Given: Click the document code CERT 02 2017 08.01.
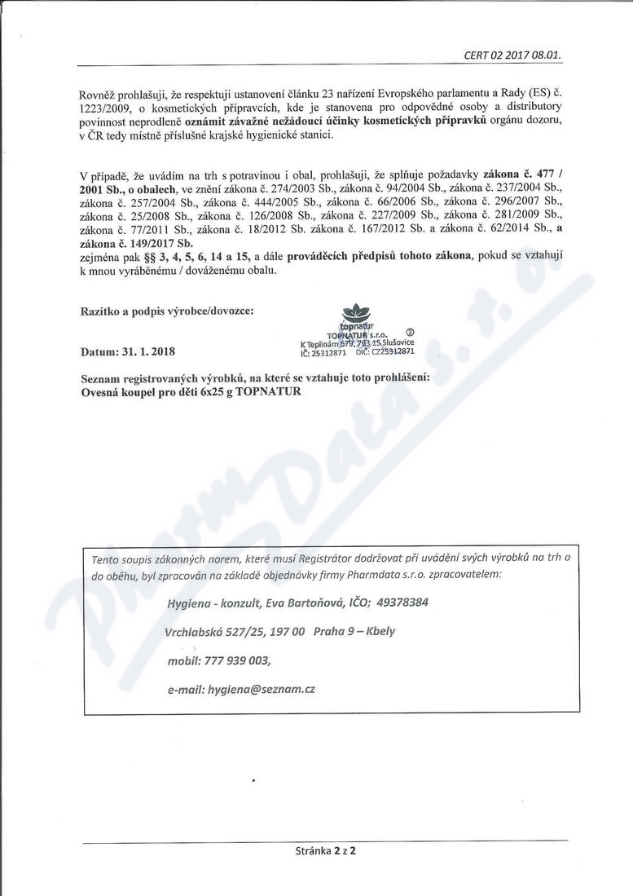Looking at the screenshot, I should pyautogui.click(x=513, y=55).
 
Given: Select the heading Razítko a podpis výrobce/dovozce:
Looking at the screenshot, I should pyautogui.click(x=167, y=311).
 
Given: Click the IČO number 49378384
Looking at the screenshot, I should pyautogui.click(x=402, y=602).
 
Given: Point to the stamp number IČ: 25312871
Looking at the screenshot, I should pyautogui.click(x=324, y=353).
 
